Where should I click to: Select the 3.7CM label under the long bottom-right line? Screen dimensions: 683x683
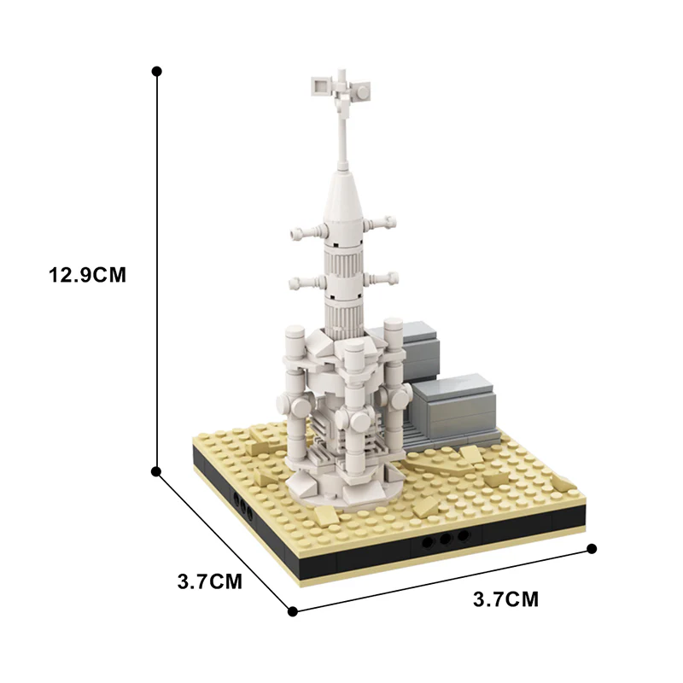point(506,599)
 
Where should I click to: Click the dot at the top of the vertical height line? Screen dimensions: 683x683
point(156,71)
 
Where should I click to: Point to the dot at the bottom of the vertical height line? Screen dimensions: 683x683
point(156,470)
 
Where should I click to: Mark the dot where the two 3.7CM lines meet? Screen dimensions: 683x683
point(293,610)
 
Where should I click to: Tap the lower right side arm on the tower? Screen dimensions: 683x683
point(380,277)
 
